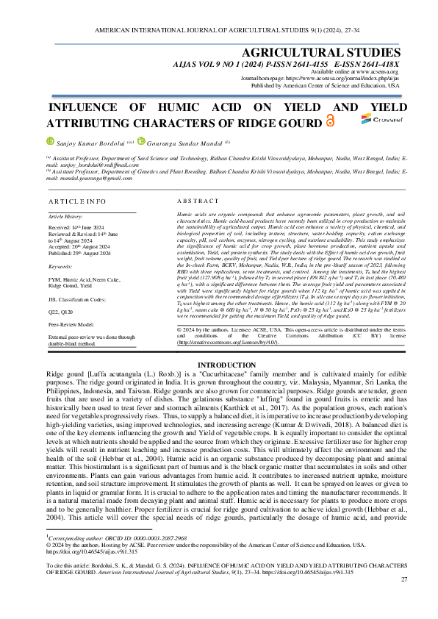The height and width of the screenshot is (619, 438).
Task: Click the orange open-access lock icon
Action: tap(329, 121)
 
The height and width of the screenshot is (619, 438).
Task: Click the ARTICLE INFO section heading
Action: tap(76, 201)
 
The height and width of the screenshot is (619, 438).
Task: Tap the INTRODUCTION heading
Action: tap(218, 385)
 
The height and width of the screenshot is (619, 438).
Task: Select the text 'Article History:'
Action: tap(65, 218)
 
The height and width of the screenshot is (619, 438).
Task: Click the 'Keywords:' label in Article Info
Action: tap(60, 265)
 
